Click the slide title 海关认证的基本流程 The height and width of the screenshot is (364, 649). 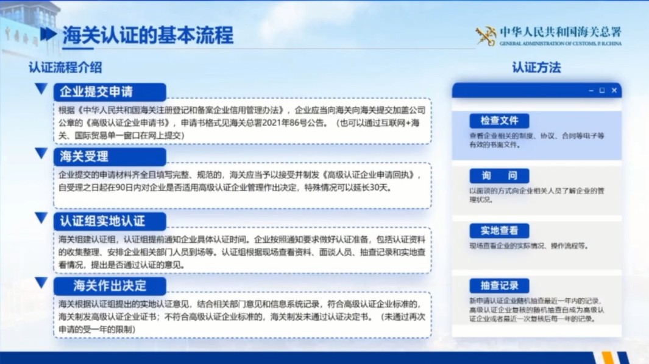tap(147, 35)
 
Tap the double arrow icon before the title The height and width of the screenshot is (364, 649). tap(48, 34)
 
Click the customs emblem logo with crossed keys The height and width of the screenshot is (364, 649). tap(486, 36)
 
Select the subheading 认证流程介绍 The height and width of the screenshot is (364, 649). tap(65, 67)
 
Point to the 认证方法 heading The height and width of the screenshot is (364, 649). tap(536, 67)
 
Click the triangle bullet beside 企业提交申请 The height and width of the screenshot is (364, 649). tap(41, 89)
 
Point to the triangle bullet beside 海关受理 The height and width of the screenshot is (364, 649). tap(41, 153)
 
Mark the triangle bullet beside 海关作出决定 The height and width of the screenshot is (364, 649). tap(41, 282)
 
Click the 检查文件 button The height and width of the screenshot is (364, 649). tap(499, 121)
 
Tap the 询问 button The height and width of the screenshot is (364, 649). tap(499, 176)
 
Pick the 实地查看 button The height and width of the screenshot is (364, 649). tap(499, 231)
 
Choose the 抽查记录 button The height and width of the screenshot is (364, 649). tap(499, 285)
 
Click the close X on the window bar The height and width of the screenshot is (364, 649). tap(614, 91)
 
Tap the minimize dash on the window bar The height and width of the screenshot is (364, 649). tap(590, 91)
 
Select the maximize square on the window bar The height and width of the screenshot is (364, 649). tap(602, 91)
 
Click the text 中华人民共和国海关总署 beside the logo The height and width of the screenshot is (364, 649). tap(560, 32)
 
